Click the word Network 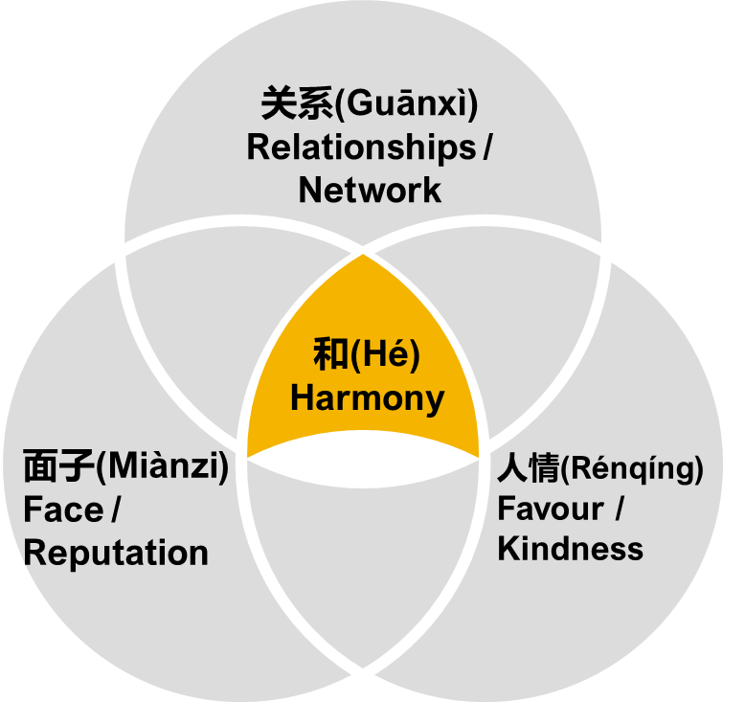click(x=370, y=190)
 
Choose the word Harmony click(x=368, y=398)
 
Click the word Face click(x=63, y=510)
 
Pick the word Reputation click(x=116, y=553)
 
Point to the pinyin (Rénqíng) click(x=632, y=468)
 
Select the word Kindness click(x=571, y=549)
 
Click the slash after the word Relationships click(x=489, y=147)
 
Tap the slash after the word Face click(x=117, y=510)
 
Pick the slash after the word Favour click(x=620, y=509)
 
